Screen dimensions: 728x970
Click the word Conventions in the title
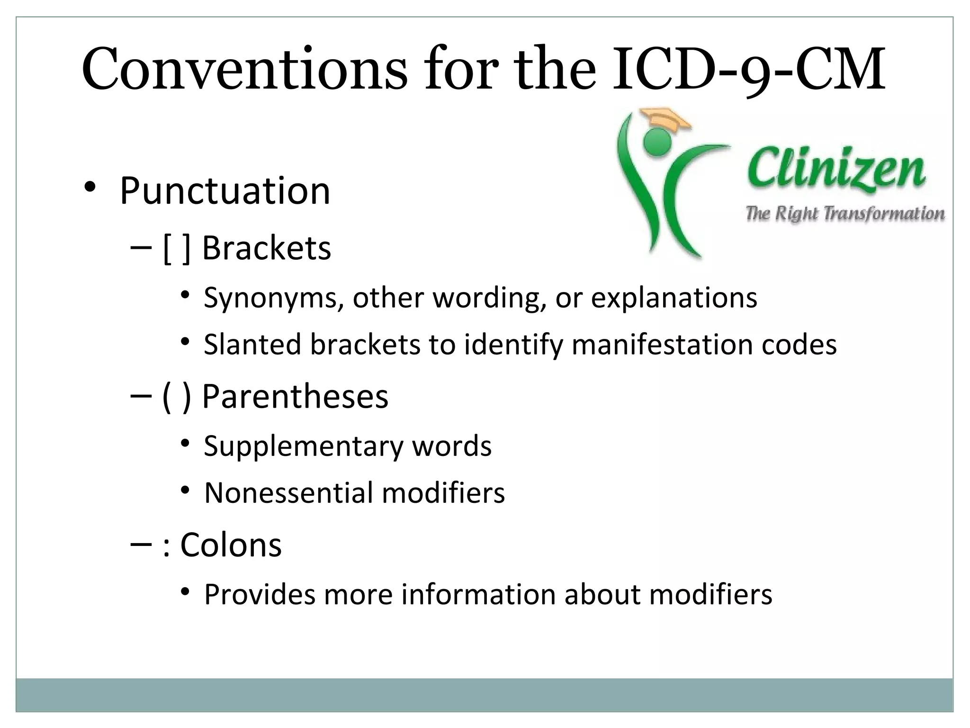244,70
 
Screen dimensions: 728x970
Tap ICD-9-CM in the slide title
748,70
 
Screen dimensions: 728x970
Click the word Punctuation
225,191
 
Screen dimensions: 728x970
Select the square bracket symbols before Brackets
177,248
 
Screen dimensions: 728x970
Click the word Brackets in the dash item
267,248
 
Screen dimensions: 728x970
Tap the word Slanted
252,345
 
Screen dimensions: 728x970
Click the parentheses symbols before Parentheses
177,397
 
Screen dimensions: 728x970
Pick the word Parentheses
295,397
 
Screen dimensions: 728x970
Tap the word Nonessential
288,493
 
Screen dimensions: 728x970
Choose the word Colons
231,545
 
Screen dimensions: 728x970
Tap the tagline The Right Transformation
845,214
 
